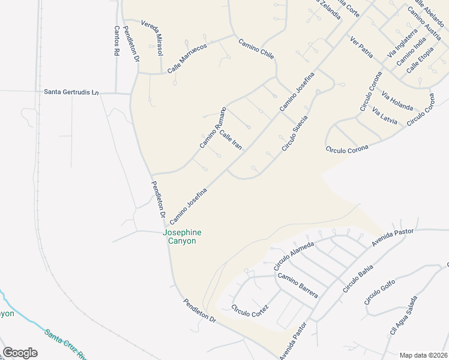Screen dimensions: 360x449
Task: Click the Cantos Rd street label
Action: click(x=116, y=41)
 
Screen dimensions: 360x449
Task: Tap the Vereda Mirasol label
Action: click(x=152, y=38)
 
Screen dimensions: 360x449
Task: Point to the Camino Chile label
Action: click(x=256, y=49)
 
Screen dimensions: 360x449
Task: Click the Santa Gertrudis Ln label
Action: click(x=71, y=92)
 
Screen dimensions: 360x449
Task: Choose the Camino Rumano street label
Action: click(x=212, y=128)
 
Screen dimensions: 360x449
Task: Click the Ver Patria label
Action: click(x=361, y=47)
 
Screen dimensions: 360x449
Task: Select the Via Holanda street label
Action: click(x=397, y=101)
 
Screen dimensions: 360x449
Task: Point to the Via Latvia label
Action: click(x=385, y=116)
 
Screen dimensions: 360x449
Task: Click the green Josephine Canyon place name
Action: click(x=183, y=236)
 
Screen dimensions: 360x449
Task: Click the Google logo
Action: click(x=20, y=353)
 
